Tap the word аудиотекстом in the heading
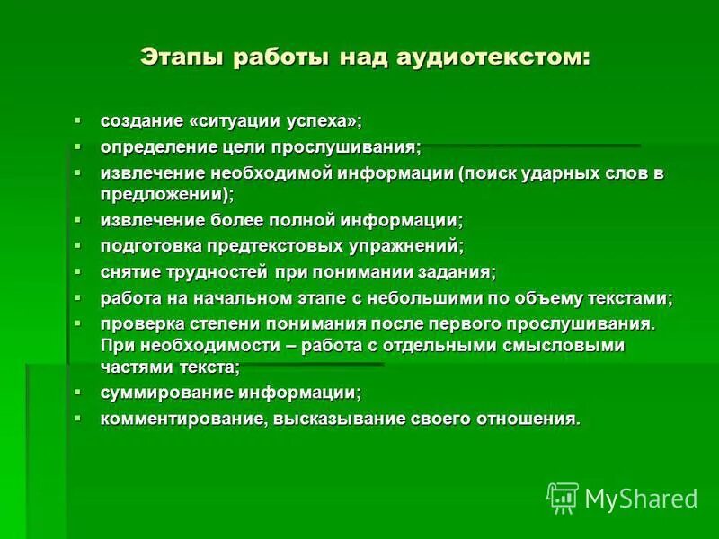point(497,57)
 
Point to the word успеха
point(326,120)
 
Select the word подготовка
point(147,245)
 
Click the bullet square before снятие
point(77,269)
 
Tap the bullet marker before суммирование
point(77,391)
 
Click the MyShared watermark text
point(641,498)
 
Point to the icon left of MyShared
point(563,497)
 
